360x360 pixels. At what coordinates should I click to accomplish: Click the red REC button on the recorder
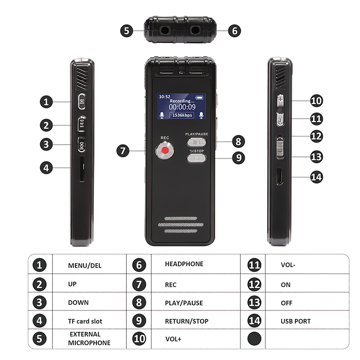(165, 150)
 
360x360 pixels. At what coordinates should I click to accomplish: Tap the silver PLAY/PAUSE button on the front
(197, 142)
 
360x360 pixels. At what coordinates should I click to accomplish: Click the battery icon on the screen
(199, 98)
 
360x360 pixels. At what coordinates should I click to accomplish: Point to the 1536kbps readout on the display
(182, 115)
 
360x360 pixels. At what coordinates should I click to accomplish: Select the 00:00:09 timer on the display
(182, 107)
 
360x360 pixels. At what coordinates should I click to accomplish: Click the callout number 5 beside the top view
(126, 31)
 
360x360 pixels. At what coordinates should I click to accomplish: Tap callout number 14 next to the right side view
(316, 177)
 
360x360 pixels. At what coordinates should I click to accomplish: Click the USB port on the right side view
(279, 176)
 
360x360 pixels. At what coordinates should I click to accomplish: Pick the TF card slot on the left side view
(82, 169)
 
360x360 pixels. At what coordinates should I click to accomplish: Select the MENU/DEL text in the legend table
(85, 266)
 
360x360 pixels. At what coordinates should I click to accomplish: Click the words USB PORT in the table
(296, 321)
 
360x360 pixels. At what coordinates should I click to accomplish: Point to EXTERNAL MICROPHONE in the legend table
(89, 338)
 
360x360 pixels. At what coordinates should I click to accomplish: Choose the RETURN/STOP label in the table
(186, 321)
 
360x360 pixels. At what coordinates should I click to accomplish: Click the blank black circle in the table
(255, 339)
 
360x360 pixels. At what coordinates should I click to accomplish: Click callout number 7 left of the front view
(123, 150)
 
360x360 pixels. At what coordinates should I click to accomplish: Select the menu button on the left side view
(82, 102)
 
